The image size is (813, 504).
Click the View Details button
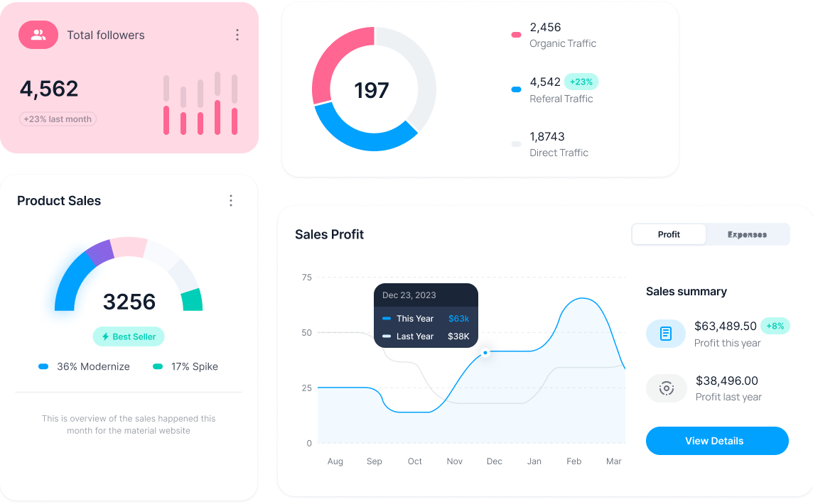click(716, 441)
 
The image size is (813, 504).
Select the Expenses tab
click(747, 234)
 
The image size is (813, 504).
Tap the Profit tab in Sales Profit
click(669, 234)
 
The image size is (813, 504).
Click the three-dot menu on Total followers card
click(237, 35)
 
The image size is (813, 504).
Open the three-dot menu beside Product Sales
click(230, 201)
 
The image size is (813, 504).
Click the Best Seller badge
click(129, 336)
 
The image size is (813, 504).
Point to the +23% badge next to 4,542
click(581, 82)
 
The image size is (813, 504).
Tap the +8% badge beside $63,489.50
click(775, 326)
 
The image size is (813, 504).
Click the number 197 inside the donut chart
click(372, 90)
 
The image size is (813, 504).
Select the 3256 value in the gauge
click(129, 302)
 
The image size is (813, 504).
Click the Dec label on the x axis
click(494, 461)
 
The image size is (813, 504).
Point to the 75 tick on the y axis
click(307, 277)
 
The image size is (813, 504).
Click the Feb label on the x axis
click(574, 461)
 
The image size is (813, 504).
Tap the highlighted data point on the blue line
click(485, 352)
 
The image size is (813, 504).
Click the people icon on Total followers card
click(38, 34)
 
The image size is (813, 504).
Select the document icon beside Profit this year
click(666, 333)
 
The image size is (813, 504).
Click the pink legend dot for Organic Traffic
click(516, 35)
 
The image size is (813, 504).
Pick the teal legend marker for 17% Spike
click(158, 366)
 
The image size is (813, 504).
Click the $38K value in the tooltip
click(458, 336)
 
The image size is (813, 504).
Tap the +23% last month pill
click(58, 119)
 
